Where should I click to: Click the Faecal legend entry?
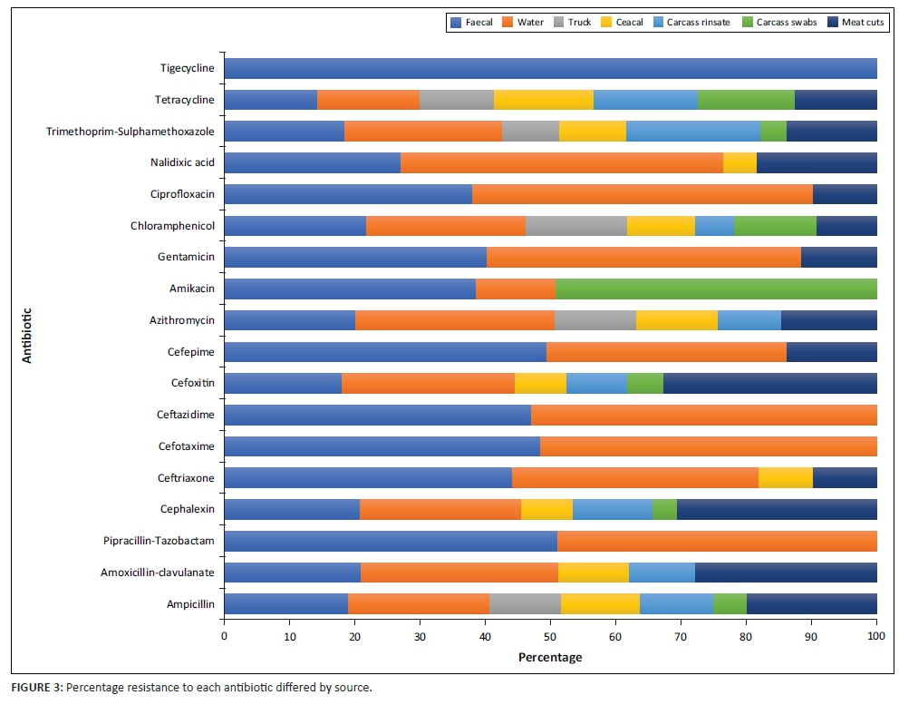472,22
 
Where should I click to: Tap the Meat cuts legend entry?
856,22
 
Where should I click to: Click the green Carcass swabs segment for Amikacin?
716,289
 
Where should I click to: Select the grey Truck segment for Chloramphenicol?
575,226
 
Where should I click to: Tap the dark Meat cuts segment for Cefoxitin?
769,383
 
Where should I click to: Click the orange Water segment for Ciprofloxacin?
642,194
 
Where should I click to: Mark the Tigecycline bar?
550,69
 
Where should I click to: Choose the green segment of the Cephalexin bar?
664,509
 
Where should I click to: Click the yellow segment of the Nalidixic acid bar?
739,162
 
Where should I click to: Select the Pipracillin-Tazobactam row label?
159,541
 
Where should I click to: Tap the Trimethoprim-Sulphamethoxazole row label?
130,132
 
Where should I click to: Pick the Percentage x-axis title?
550,656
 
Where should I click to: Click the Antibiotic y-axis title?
26,336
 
